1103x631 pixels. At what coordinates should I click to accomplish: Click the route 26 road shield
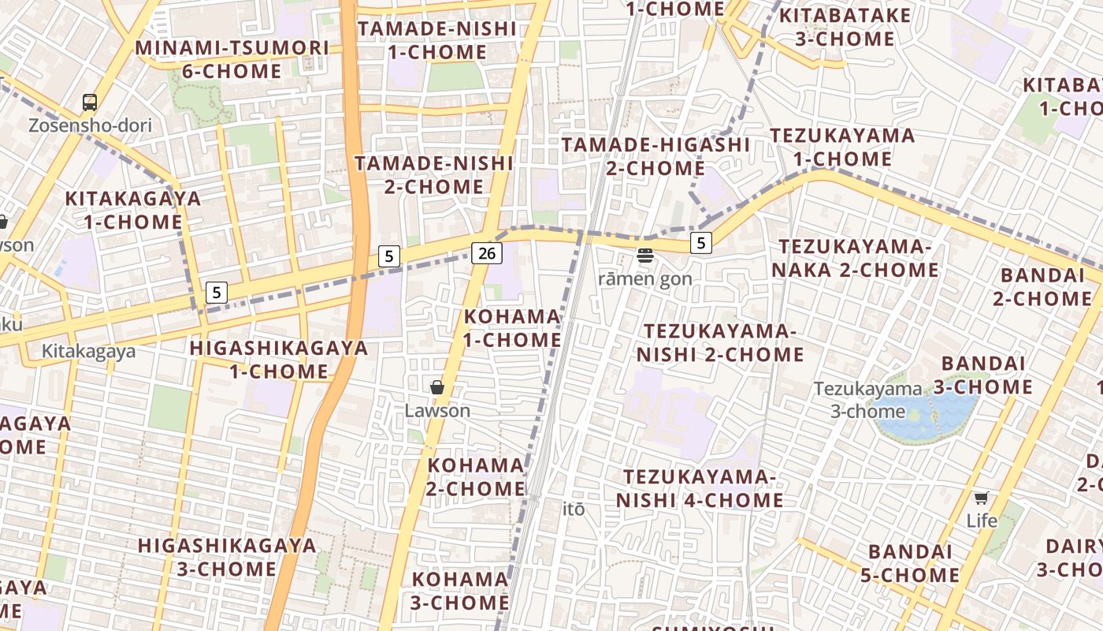(487, 252)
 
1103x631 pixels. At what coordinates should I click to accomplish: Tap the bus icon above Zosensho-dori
(90, 102)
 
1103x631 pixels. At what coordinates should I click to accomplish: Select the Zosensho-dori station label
(90, 125)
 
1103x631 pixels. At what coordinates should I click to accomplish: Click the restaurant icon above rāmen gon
(645, 255)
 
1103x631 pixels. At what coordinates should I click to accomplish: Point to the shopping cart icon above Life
(981, 498)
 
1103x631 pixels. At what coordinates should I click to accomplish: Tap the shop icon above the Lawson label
(437, 387)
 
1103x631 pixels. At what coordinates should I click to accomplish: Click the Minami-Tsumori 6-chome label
(232, 59)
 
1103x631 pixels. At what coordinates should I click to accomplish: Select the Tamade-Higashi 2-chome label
(655, 156)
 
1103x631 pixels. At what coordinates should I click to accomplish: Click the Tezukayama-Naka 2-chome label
(855, 259)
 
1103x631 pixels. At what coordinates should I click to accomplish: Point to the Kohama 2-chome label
(476, 476)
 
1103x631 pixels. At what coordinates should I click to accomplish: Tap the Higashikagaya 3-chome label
(227, 557)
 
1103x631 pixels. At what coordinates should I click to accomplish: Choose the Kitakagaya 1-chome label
(133, 210)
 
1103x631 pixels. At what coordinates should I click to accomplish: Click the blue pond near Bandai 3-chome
(914, 418)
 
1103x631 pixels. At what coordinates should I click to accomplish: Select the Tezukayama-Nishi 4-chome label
(700, 488)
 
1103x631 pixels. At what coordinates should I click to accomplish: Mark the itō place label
(574, 510)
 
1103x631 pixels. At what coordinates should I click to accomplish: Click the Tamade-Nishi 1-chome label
(437, 40)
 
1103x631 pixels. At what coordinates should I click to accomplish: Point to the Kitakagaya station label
(88, 352)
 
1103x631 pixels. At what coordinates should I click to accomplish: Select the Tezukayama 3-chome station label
(867, 400)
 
